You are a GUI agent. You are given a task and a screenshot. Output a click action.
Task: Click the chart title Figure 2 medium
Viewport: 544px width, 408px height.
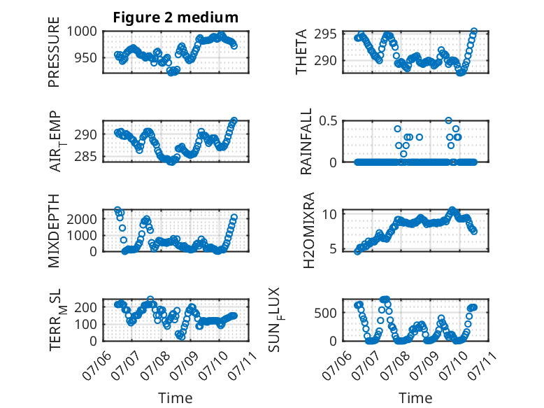point(176,17)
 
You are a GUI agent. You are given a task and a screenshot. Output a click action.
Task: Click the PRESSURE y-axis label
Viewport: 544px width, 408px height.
point(54,52)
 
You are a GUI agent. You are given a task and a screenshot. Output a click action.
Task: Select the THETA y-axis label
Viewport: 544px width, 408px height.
point(301,52)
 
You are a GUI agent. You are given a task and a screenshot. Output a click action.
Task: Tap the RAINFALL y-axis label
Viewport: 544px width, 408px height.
point(306,141)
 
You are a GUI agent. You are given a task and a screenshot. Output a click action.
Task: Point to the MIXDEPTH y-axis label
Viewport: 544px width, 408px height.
point(54,231)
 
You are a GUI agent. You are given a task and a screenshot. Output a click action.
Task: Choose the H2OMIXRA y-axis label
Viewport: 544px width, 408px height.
point(308,230)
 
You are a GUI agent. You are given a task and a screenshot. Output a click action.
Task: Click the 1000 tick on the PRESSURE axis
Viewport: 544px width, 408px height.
point(82,31)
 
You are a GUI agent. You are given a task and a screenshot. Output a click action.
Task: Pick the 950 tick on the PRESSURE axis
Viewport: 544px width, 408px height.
point(85,58)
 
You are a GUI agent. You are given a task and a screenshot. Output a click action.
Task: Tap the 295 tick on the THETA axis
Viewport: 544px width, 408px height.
point(325,34)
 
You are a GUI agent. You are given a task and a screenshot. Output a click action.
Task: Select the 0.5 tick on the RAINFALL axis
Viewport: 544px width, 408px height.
point(328,121)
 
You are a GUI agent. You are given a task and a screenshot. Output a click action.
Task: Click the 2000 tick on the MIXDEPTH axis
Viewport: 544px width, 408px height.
point(82,219)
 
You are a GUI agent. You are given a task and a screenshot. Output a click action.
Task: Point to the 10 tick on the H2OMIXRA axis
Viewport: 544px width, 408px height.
point(329,214)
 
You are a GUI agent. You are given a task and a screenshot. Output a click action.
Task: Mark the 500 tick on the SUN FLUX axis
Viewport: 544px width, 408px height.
point(325,313)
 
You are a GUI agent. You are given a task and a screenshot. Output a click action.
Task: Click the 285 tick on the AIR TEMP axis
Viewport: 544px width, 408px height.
point(85,157)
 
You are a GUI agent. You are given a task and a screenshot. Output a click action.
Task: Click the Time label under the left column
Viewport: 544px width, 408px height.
point(176,398)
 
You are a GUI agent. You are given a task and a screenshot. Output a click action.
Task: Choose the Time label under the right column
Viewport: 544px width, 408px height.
point(415,398)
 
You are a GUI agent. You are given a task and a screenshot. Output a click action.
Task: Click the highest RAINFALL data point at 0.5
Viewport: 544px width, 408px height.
point(449,120)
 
